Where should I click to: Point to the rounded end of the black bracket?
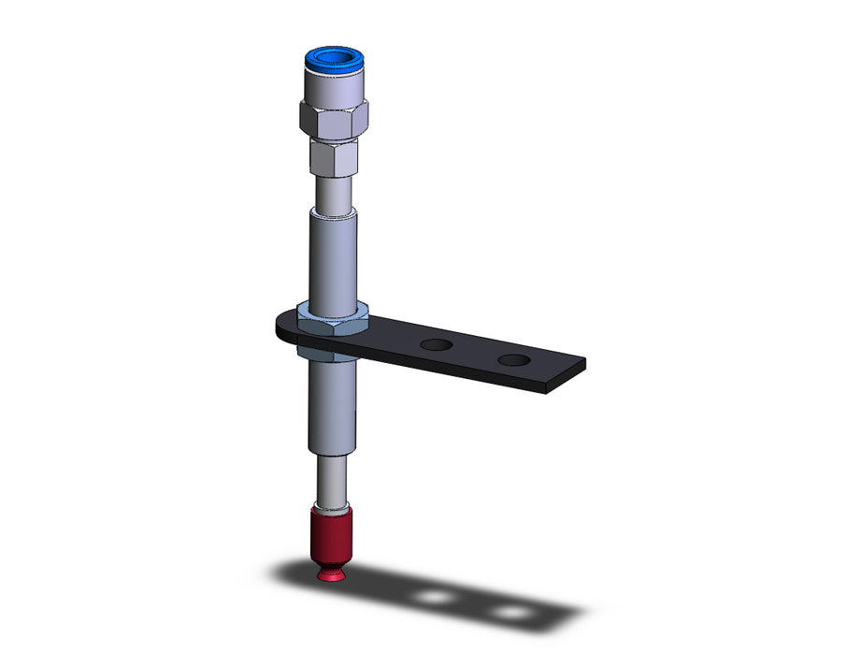(283, 327)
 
